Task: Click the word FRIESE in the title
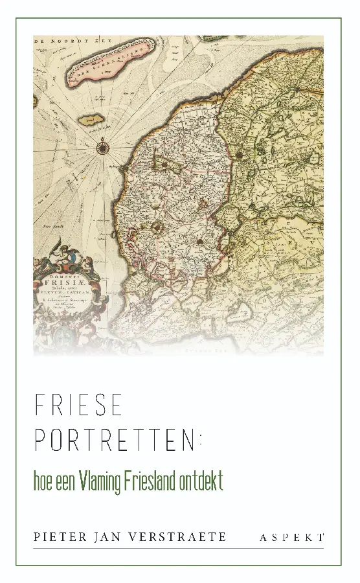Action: click(78, 406)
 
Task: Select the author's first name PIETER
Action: click(58, 537)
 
